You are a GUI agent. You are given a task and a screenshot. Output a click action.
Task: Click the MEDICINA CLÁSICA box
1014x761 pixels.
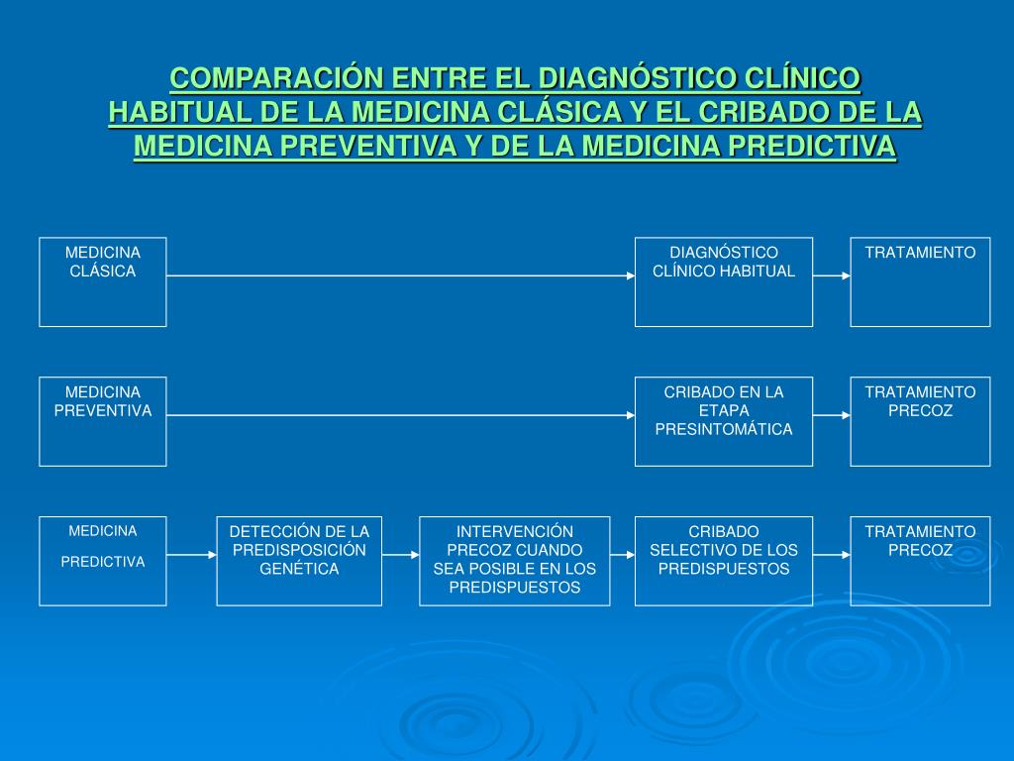tap(103, 281)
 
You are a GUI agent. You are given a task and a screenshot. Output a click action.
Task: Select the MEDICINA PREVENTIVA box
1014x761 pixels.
tap(103, 421)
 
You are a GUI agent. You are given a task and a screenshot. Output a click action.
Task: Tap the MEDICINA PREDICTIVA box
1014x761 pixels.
tap(103, 561)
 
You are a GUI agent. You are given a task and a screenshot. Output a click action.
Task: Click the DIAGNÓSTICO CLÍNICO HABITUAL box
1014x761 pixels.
tap(724, 281)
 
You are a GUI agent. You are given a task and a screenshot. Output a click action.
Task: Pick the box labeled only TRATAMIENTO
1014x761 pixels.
tap(920, 281)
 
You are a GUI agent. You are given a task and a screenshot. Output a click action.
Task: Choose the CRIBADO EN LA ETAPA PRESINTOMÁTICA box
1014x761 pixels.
tap(724, 421)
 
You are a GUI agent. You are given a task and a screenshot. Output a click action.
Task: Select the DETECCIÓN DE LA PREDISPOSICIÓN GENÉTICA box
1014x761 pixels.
tap(299, 561)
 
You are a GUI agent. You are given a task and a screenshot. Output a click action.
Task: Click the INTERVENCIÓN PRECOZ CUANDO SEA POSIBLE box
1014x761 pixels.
tap(515, 561)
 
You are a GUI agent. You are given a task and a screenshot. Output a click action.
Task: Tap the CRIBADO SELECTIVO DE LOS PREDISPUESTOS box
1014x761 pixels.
tap(724, 561)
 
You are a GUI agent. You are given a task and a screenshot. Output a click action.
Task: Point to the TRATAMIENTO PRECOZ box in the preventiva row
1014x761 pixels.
tap(920, 421)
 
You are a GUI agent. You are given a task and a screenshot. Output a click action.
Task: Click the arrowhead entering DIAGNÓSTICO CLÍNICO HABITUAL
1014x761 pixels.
tap(630, 275)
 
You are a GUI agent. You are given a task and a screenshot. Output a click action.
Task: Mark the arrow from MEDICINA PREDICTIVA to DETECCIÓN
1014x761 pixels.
tap(191, 555)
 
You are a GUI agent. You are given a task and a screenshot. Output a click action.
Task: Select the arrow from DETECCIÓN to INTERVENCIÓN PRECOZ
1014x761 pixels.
tap(400, 555)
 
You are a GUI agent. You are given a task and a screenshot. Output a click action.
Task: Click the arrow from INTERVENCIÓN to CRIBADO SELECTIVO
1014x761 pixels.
tap(622, 555)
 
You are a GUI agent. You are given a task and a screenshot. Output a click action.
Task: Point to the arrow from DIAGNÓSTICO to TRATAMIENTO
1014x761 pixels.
tap(832, 275)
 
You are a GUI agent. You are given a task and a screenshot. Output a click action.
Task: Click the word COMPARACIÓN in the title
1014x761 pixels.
tap(276, 77)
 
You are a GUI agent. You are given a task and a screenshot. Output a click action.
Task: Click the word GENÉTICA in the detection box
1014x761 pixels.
tap(299, 569)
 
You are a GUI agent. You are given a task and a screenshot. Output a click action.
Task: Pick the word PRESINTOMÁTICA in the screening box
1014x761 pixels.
tap(724, 429)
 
